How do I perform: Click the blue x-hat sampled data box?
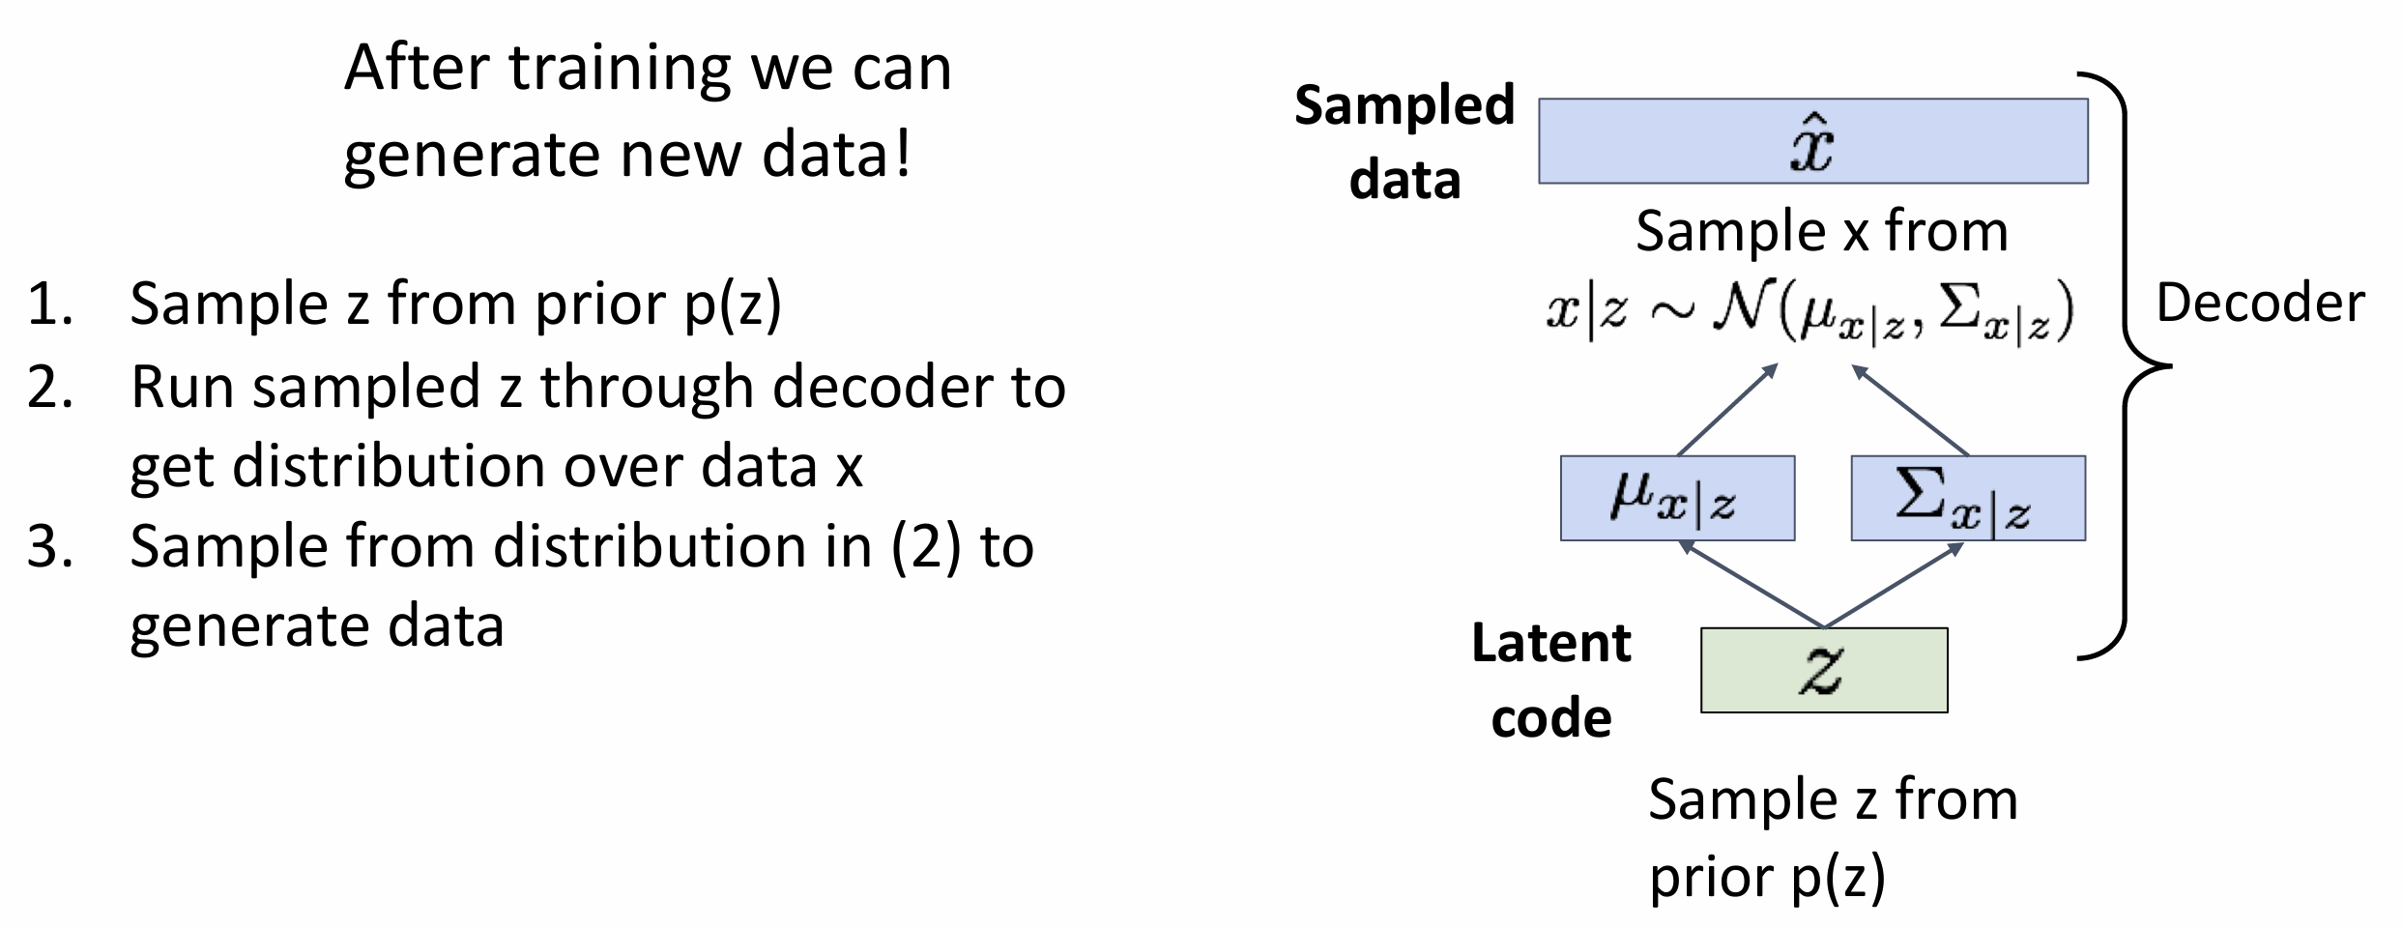click(x=1812, y=141)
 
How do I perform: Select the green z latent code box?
click(x=1824, y=670)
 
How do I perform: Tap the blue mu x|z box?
click(x=1677, y=498)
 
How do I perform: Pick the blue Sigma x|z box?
click(x=1968, y=498)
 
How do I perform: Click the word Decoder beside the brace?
click(x=2260, y=303)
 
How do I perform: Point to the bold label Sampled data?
click(x=1404, y=141)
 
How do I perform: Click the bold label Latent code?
click(x=1550, y=680)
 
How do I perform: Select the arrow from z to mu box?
click(x=1752, y=584)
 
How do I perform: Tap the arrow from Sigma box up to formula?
click(x=1910, y=409)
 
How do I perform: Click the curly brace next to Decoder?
click(x=2127, y=365)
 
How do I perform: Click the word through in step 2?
click(x=647, y=387)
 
